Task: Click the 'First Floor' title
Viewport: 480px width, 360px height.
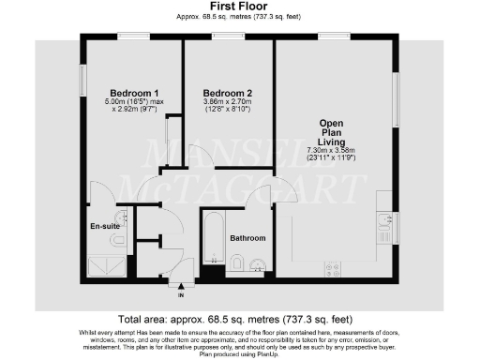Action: tap(240, 7)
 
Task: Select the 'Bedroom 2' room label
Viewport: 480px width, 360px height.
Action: tap(228, 93)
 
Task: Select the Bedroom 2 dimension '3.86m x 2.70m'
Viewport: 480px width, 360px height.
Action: tap(228, 103)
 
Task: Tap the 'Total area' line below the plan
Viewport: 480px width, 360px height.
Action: tap(240, 318)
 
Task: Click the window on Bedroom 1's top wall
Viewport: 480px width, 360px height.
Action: tap(133, 37)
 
